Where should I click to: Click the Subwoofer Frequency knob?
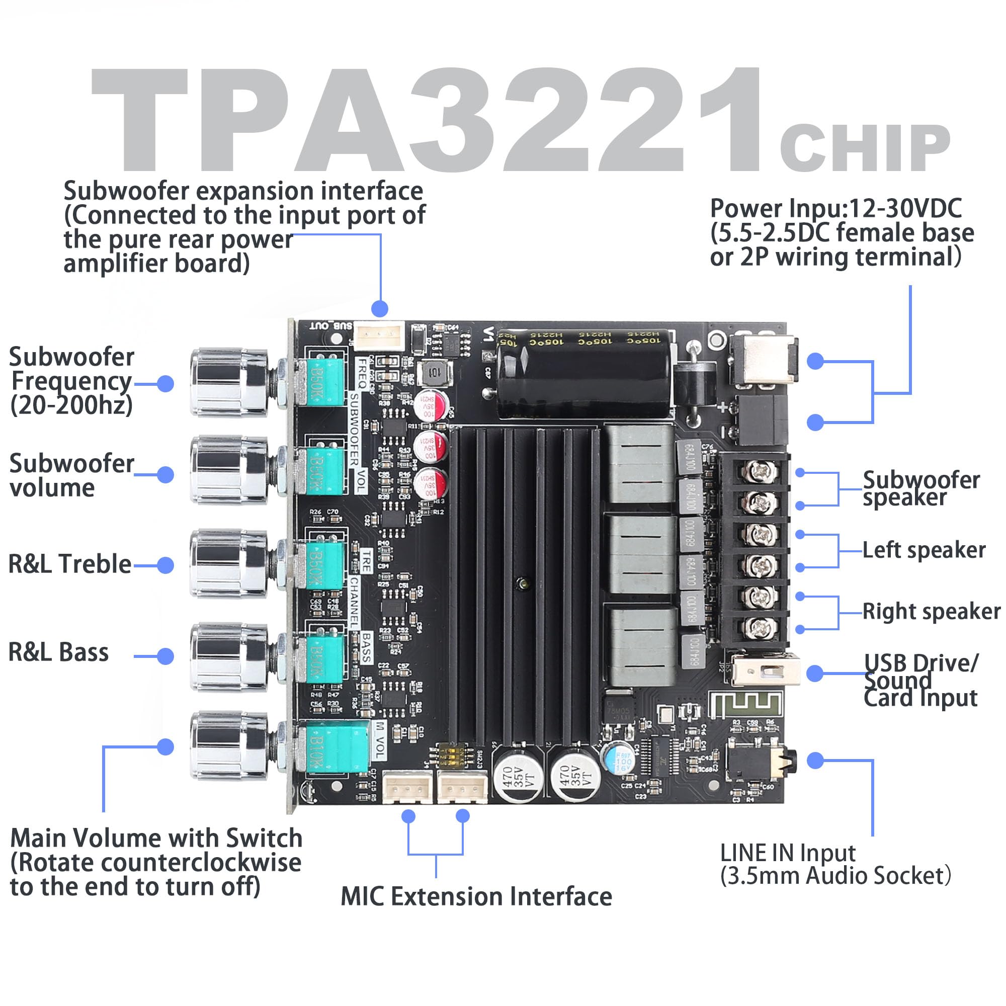coord(229,383)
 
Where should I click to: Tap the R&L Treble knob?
coord(229,564)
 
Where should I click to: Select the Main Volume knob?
coord(229,746)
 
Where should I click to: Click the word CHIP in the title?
coord(864,148)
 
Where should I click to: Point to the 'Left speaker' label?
coord(924,550)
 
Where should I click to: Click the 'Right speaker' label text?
coord(931,611)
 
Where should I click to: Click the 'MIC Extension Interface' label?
coord(476,897)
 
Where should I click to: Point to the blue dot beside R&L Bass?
coord(165,656)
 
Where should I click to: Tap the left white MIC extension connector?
coord(408,787)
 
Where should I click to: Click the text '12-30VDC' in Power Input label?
coord(905,209)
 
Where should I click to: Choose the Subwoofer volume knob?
coord(229,470)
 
